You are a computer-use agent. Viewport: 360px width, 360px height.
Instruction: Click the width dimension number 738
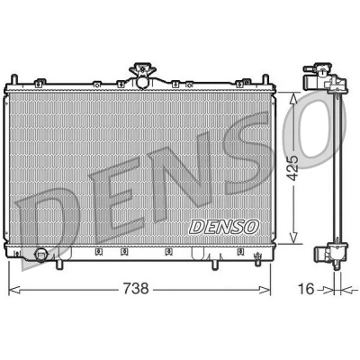coord(136,289)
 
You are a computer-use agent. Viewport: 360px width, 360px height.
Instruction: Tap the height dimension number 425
coord(292,167)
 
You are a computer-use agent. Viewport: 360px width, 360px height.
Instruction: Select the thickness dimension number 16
coord(306,289)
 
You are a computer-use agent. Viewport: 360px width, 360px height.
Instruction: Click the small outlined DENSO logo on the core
coord(224,226)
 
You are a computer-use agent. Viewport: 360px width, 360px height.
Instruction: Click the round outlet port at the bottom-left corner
coord(40,255)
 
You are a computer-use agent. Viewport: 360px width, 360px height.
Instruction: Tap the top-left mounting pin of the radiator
coord(13,79)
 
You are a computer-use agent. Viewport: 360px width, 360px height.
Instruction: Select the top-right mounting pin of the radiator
coord(265,79)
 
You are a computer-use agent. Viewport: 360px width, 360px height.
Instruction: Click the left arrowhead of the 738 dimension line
coord(14,290)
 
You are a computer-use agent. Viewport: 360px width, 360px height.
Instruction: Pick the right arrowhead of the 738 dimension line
coord(265,290)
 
